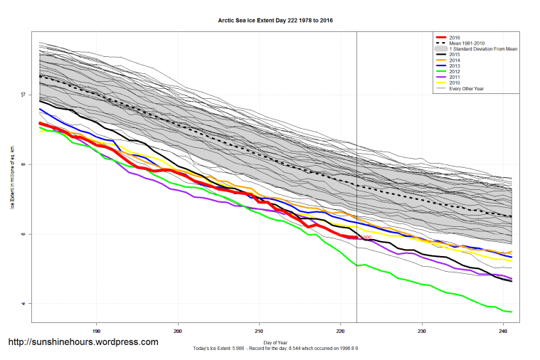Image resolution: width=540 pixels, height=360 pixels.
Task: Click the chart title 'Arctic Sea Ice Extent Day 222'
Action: pyautogui.click(x=275, y=21)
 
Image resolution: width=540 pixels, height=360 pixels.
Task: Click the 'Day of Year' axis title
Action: pyautogui.click(x=275, y=341)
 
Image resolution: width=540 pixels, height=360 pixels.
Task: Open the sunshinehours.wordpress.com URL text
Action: pyautogui.click(x=83, y=342)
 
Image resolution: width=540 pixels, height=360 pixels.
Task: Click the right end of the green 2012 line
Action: pyautogui.click(x=512, y=312)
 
